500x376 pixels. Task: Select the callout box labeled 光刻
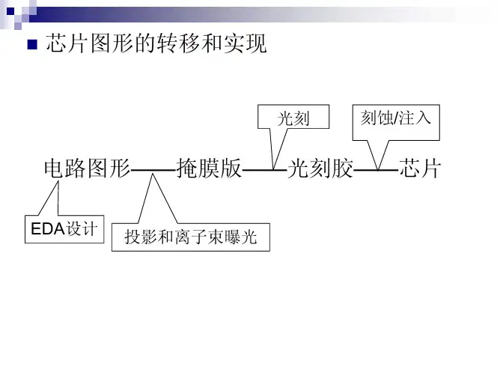tap(293, 118)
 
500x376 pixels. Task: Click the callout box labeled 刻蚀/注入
tap(395, 118)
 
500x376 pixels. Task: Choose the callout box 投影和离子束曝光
tap(190, 238)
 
